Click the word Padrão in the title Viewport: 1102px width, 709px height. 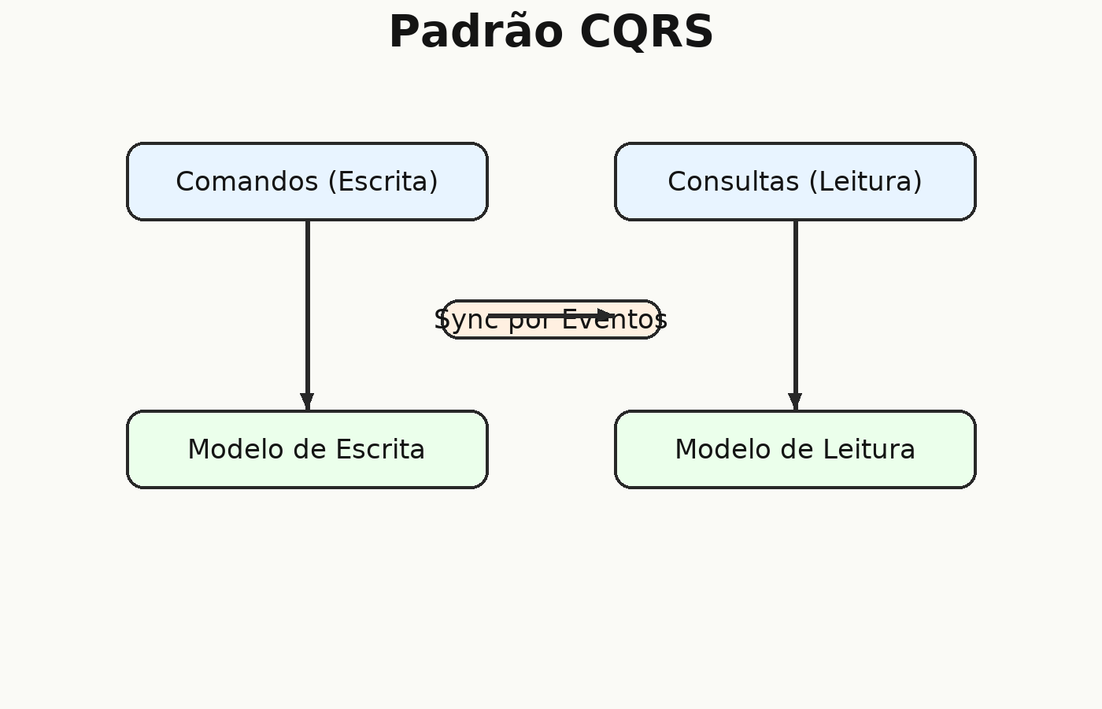[x=475, y=31]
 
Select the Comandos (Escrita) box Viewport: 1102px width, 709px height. [x=308, y=181]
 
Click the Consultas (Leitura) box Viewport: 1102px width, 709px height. [x=795, y=181]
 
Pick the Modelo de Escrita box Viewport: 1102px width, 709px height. [x=308, y=449]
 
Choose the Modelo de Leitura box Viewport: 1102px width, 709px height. [x=795, y=449]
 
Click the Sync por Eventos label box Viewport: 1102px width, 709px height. [x=551, y=320]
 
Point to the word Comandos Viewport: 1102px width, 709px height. [x=247, y=181]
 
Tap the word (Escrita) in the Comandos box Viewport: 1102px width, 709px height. [x=383, y=181]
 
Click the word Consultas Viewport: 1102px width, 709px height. [x=733, y=181]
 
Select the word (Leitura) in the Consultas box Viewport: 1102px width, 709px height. [x=865, y=181]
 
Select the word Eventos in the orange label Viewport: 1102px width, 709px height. [x=615, y=320]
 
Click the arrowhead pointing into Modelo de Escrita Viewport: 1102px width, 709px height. [x=308, y=402]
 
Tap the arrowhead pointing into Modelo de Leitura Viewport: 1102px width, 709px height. [x=795, y=402]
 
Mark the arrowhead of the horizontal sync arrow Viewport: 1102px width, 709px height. [x=605, y=315]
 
